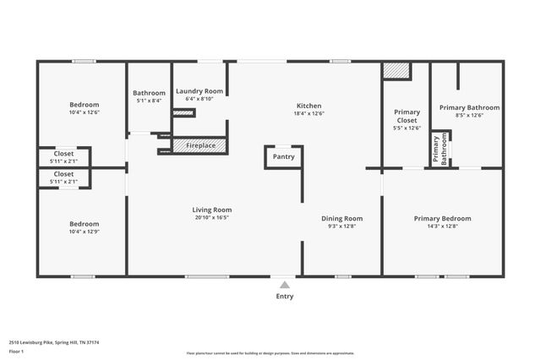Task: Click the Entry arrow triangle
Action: (x=284, y=285)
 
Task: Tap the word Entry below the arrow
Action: (x=284, y=297)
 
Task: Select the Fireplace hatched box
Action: (x=199, y=145)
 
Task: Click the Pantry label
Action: (x=283, y=156)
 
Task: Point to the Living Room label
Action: (x=212, y=210)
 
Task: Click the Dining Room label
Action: (x=342, y=219)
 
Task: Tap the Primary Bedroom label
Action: (x=442, y=219)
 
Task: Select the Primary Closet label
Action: (x=407, y=116)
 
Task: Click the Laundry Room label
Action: (x=199, y=91)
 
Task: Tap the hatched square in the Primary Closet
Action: (x=395, y=71)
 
